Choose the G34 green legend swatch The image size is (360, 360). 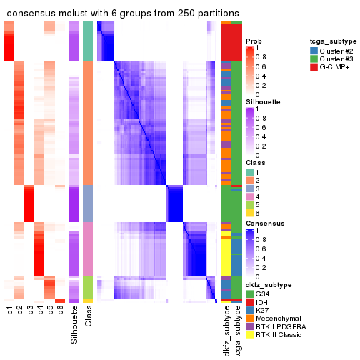pos(249,293)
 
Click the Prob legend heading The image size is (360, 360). pos(253,41)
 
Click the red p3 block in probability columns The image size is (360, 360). pos(30,204)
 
